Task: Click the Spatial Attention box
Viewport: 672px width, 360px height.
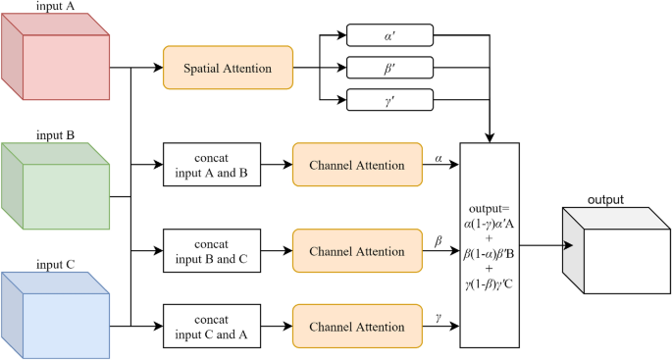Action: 228,69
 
